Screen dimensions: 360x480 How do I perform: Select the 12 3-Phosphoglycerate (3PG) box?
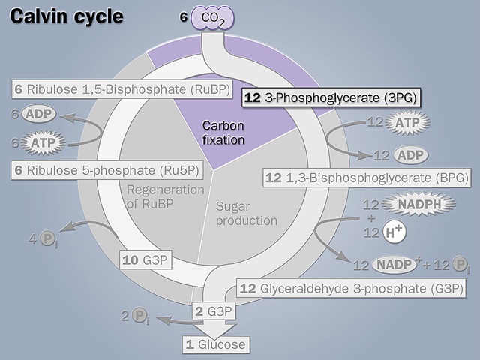[x=331, y=97]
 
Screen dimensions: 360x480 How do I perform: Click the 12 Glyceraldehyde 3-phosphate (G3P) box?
[x=351, y=288]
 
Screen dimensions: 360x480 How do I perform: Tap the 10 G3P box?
[x=146, y=260]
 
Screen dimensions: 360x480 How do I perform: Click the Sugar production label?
[x=246, y=214]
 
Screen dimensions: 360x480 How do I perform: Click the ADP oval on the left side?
[x=38, y=115]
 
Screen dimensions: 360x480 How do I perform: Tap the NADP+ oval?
[x=394, y=265]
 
